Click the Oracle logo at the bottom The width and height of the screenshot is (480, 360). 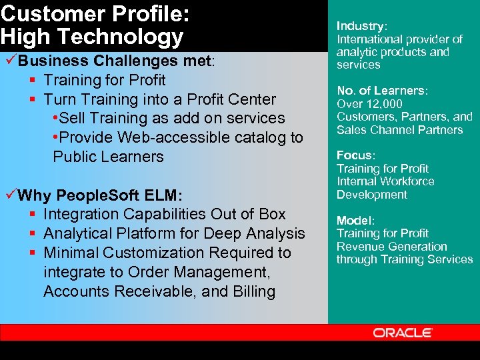click(x=403, y=332)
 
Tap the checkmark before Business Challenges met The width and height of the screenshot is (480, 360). click(x=9, y=61)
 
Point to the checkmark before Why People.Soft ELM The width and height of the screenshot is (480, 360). click(x=9, y=195)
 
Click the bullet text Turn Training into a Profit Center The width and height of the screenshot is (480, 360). click(x=159, y=99)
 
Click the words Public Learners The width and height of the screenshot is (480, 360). click(x=108, y=157)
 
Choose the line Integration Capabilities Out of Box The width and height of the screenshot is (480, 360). click(x=164, y=215)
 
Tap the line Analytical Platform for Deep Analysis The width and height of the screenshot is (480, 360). click(x=174, y=234)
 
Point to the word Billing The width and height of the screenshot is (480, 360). click(x=254, y=292)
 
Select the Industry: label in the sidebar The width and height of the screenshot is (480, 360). click(x=361, y=26)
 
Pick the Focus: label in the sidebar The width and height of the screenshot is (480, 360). click(x=356, y=155)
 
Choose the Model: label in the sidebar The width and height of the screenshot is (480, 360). click(x=356, y=220)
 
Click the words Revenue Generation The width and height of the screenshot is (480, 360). click(x=391, y=247)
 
